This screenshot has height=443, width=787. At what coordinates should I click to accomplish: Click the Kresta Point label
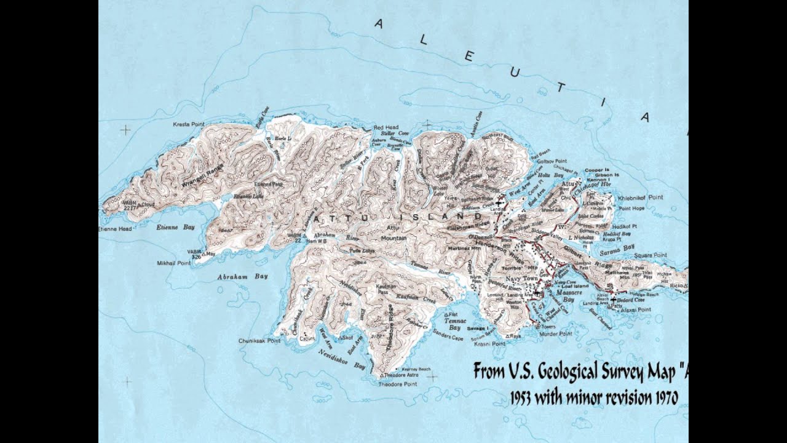188,124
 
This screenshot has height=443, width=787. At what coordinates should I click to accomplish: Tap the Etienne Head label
116,229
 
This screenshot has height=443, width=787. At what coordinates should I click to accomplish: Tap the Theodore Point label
398,384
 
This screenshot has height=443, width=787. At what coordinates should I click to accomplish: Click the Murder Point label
556,333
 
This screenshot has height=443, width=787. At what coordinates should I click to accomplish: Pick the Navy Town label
522,279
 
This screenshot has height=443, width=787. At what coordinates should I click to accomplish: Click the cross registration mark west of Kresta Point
125,130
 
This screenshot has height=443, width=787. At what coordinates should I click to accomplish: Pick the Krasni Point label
490,345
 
